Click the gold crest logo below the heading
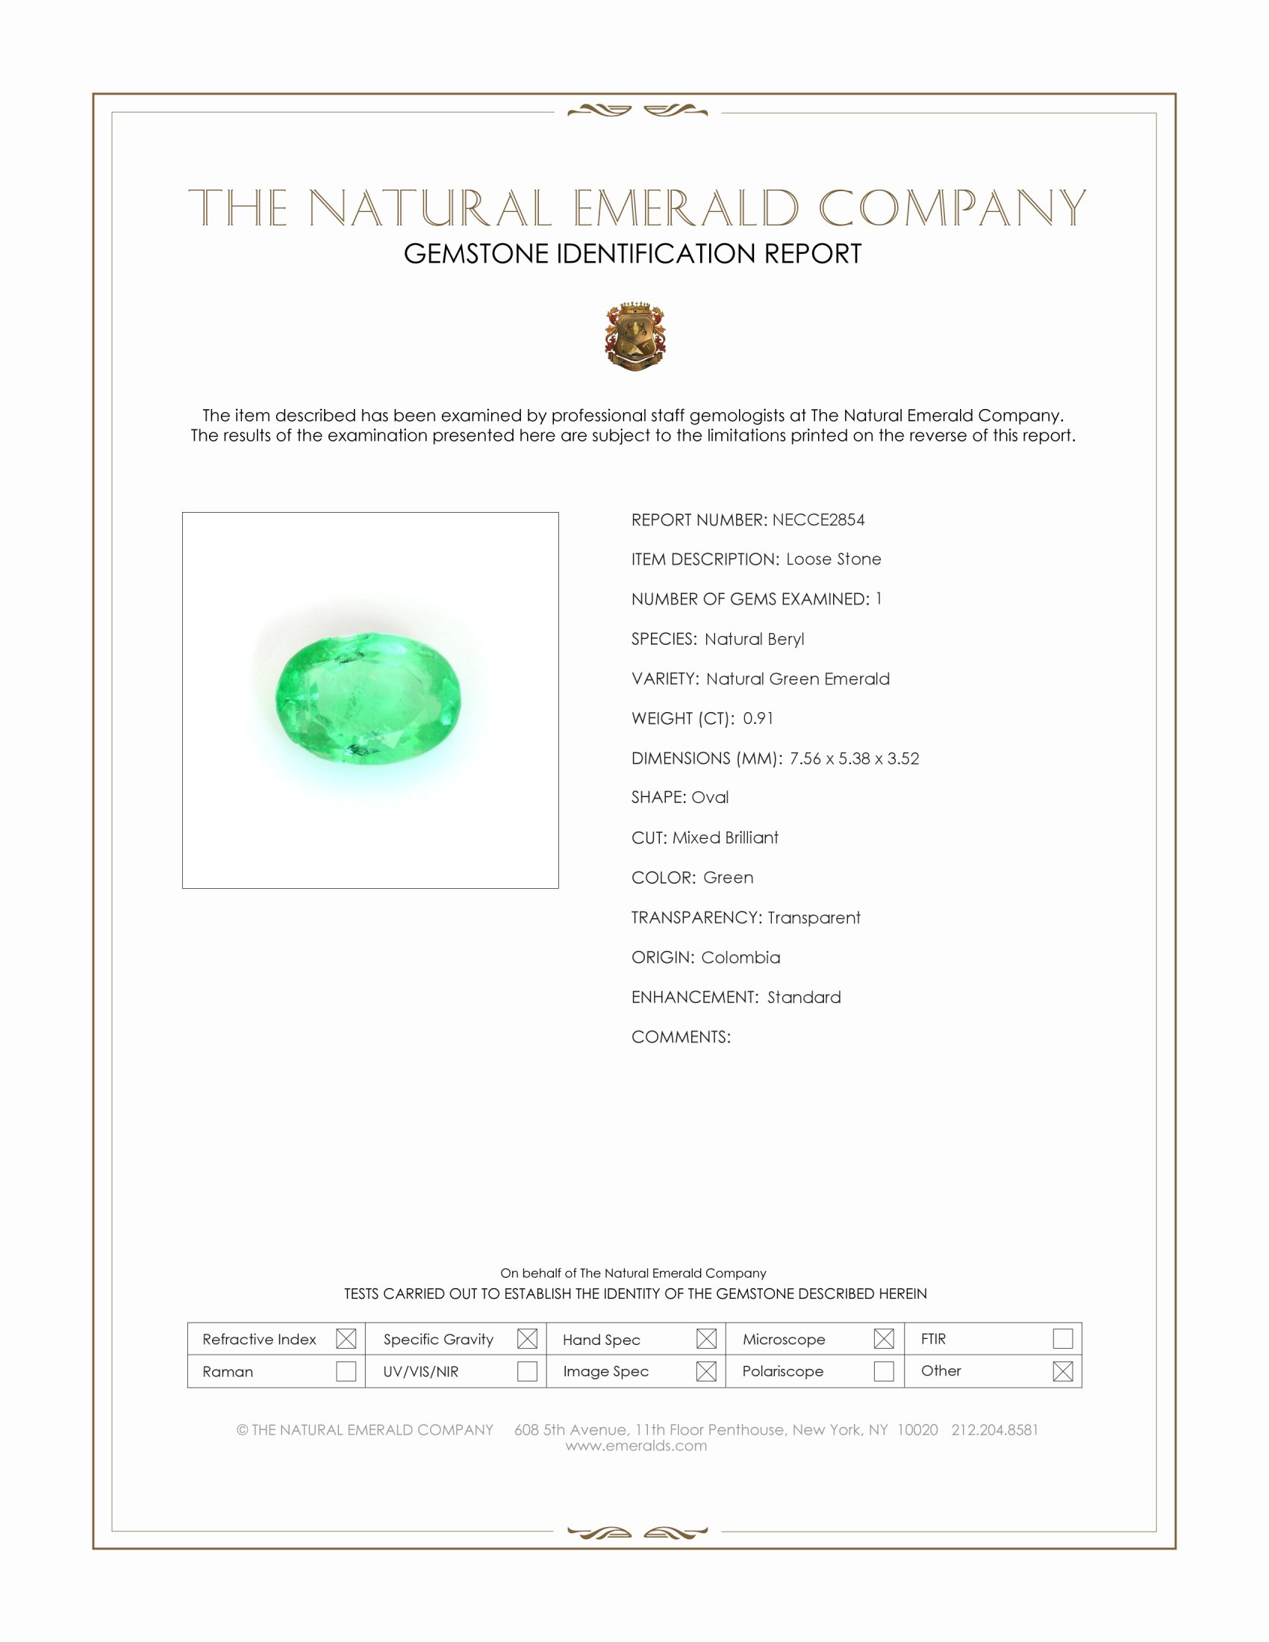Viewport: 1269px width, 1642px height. (635, 336)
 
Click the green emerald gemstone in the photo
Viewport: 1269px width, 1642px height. (368, 700)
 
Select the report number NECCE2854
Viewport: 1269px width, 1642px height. (818, 520)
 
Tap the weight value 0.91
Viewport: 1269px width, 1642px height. (758, 719)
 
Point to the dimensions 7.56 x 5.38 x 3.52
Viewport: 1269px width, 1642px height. (854, 758)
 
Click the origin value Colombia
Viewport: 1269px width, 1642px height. (740, 958)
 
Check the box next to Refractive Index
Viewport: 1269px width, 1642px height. (346, 1339)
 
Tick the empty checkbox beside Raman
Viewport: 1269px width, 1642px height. (346, 1371)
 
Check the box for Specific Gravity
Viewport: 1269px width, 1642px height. (527, 1339)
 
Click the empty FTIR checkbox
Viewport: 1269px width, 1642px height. (1062, 1339)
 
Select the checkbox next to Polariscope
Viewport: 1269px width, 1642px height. (884, 1371)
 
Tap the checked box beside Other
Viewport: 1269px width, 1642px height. (1062, 1371)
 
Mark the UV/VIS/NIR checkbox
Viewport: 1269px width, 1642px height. (527, 1371)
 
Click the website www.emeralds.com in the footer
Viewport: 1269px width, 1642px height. (636, 1446)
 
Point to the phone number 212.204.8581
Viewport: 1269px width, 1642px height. (994, 1430)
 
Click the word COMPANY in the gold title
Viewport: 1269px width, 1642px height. (952, 208)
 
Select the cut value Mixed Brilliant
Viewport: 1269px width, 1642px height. (726, 838)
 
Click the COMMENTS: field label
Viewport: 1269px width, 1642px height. (681, 1037)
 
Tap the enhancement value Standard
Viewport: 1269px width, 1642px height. (804, 998)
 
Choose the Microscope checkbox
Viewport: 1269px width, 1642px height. (884, 1339)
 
